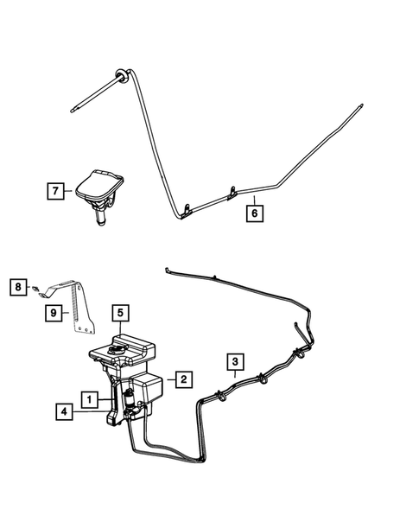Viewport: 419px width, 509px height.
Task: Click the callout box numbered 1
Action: click(88, 398)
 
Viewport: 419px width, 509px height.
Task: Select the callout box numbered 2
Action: click(182, 378)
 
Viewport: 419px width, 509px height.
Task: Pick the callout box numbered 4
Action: click(63, 413)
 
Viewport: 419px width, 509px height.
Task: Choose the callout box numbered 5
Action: click(119, 312)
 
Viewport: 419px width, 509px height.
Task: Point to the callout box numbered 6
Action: click(254, 211)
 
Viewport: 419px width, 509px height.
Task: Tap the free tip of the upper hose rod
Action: click(71, 108)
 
